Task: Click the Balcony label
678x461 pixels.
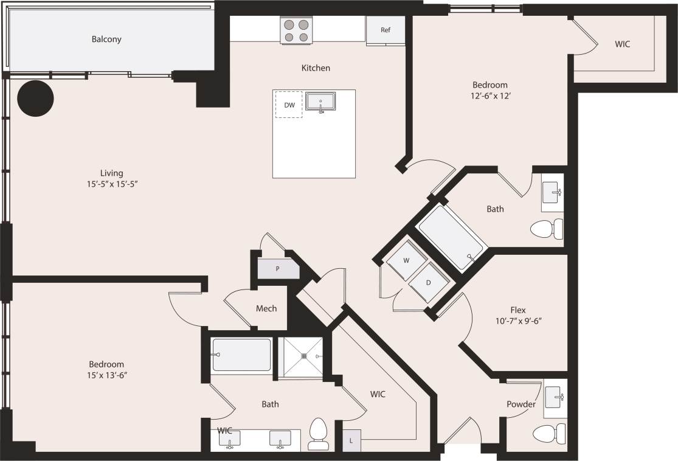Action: [x=106, y=40]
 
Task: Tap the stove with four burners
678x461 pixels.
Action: [x=296, y=31]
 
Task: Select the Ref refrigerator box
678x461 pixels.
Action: [x=385, y=30]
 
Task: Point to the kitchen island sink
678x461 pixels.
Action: [x=320, y=102]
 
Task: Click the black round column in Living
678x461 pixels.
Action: [x=35, y=98]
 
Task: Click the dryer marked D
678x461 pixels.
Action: [x=428, y=282]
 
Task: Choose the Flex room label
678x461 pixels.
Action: [x=518, y=310]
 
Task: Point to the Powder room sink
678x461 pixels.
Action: [x=555, y=398]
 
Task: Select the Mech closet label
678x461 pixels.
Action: [x=266, y=308]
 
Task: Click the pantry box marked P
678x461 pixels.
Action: [x=278, y=268]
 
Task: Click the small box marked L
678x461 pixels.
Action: [x=352, y=440]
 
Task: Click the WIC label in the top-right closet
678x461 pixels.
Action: [x=622, y=44]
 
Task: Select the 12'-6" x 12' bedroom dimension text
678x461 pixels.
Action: [x=489, y=95]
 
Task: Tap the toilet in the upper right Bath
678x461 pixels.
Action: [x=547, y=230]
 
